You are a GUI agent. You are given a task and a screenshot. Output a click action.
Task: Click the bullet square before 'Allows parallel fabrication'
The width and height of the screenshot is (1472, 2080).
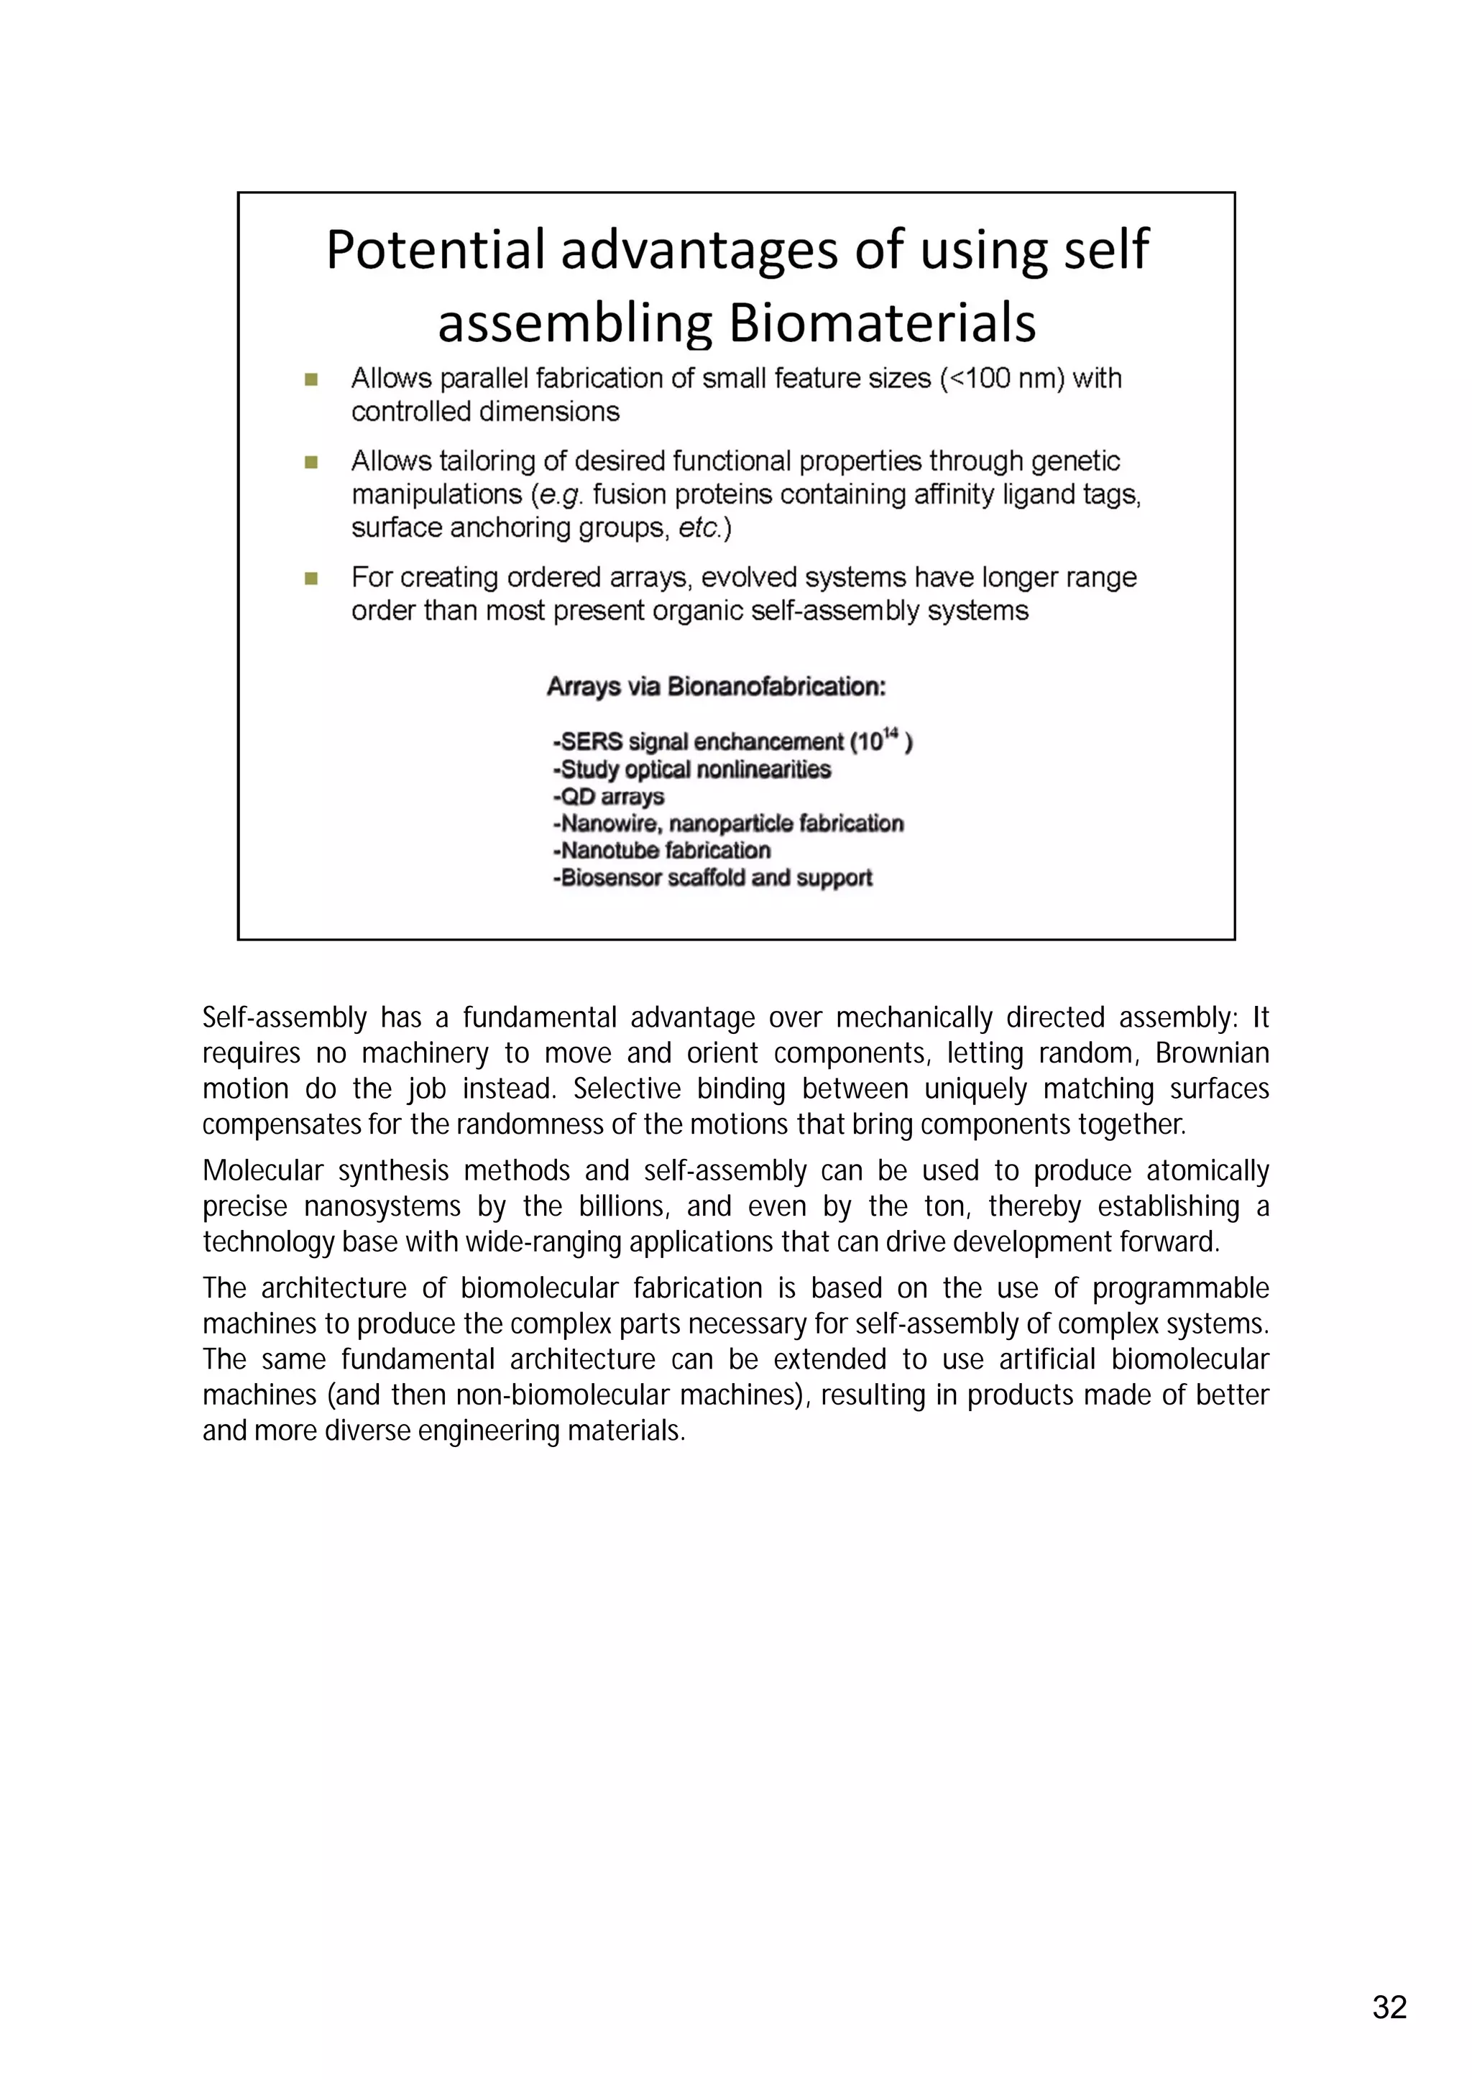coord(311,379)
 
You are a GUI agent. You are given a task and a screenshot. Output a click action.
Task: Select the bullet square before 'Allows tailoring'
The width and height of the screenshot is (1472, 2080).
coord(311,462)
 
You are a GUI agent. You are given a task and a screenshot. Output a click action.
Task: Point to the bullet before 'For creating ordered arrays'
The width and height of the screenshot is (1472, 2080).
coord(311,578)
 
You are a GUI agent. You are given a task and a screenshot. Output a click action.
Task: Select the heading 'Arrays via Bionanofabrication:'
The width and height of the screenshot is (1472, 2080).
coord(716,687)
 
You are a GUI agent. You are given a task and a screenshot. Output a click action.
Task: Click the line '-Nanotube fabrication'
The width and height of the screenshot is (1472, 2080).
coord(662,851)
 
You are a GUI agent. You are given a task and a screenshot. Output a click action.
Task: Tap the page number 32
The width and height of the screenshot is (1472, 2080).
coord(1389,2007)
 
